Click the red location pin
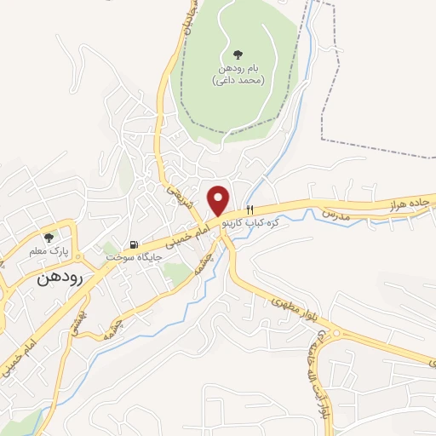[x=220, y=199]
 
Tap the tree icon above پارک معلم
[x=48, y=238]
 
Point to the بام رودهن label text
[x=237, y=67]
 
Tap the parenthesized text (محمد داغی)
[x=237, y=79]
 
